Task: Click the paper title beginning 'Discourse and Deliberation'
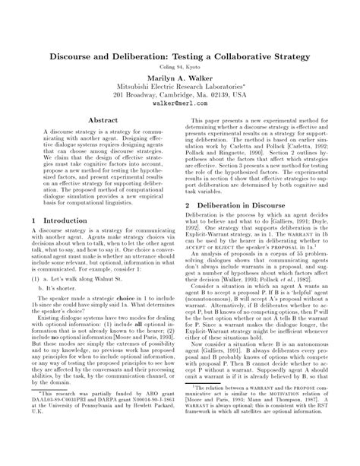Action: click(180, 57)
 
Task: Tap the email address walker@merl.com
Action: click(180, 104)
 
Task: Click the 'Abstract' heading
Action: click(103, 120)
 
